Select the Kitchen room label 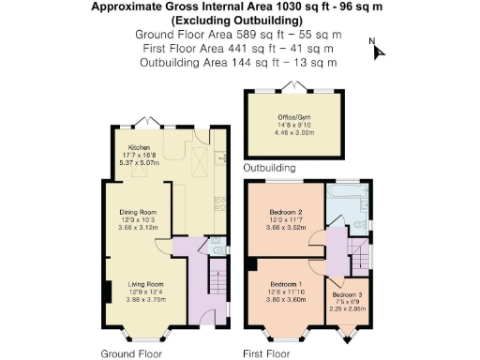coord(139,147)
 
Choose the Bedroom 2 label coord(284,211)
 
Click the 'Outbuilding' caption coord(270,168)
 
